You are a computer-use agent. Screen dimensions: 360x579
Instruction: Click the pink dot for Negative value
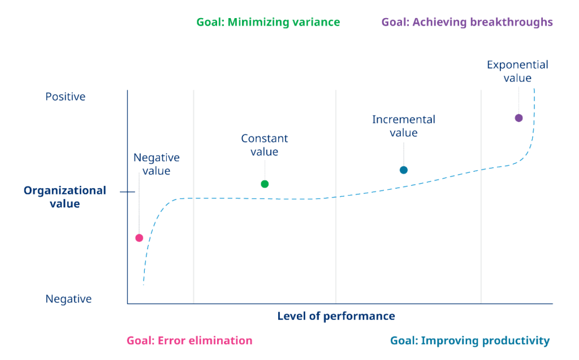click(139, 238)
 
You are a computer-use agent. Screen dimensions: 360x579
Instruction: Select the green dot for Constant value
click(265, 184)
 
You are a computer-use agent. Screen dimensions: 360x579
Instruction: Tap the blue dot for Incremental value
click(404, 170)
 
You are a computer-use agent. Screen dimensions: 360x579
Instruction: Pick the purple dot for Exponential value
click(518, 118)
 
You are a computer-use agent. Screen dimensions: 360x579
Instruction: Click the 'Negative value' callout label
click(156, 164)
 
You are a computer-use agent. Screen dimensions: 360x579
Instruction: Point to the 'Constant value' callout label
click(265, 145)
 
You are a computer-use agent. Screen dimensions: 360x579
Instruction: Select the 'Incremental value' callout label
click(404, 126)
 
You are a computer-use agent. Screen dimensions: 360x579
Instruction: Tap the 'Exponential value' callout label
click(517, 71)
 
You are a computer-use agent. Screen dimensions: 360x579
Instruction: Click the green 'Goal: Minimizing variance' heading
click(268, 23)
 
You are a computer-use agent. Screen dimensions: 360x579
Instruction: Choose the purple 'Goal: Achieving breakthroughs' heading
click(467, 23)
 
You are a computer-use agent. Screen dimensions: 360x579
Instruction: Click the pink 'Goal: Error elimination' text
click(189, 341)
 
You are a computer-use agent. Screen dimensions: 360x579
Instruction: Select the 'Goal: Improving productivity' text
click(469, 341)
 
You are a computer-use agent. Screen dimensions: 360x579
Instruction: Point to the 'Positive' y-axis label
click(66, 97)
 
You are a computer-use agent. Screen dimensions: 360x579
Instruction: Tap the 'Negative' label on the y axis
click(68, 298)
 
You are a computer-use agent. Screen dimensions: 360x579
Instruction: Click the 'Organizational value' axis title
click(64, 197)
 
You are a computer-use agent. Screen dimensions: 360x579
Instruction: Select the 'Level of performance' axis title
click(336, 316)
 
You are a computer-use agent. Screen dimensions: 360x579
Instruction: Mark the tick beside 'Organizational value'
click(127, 192)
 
